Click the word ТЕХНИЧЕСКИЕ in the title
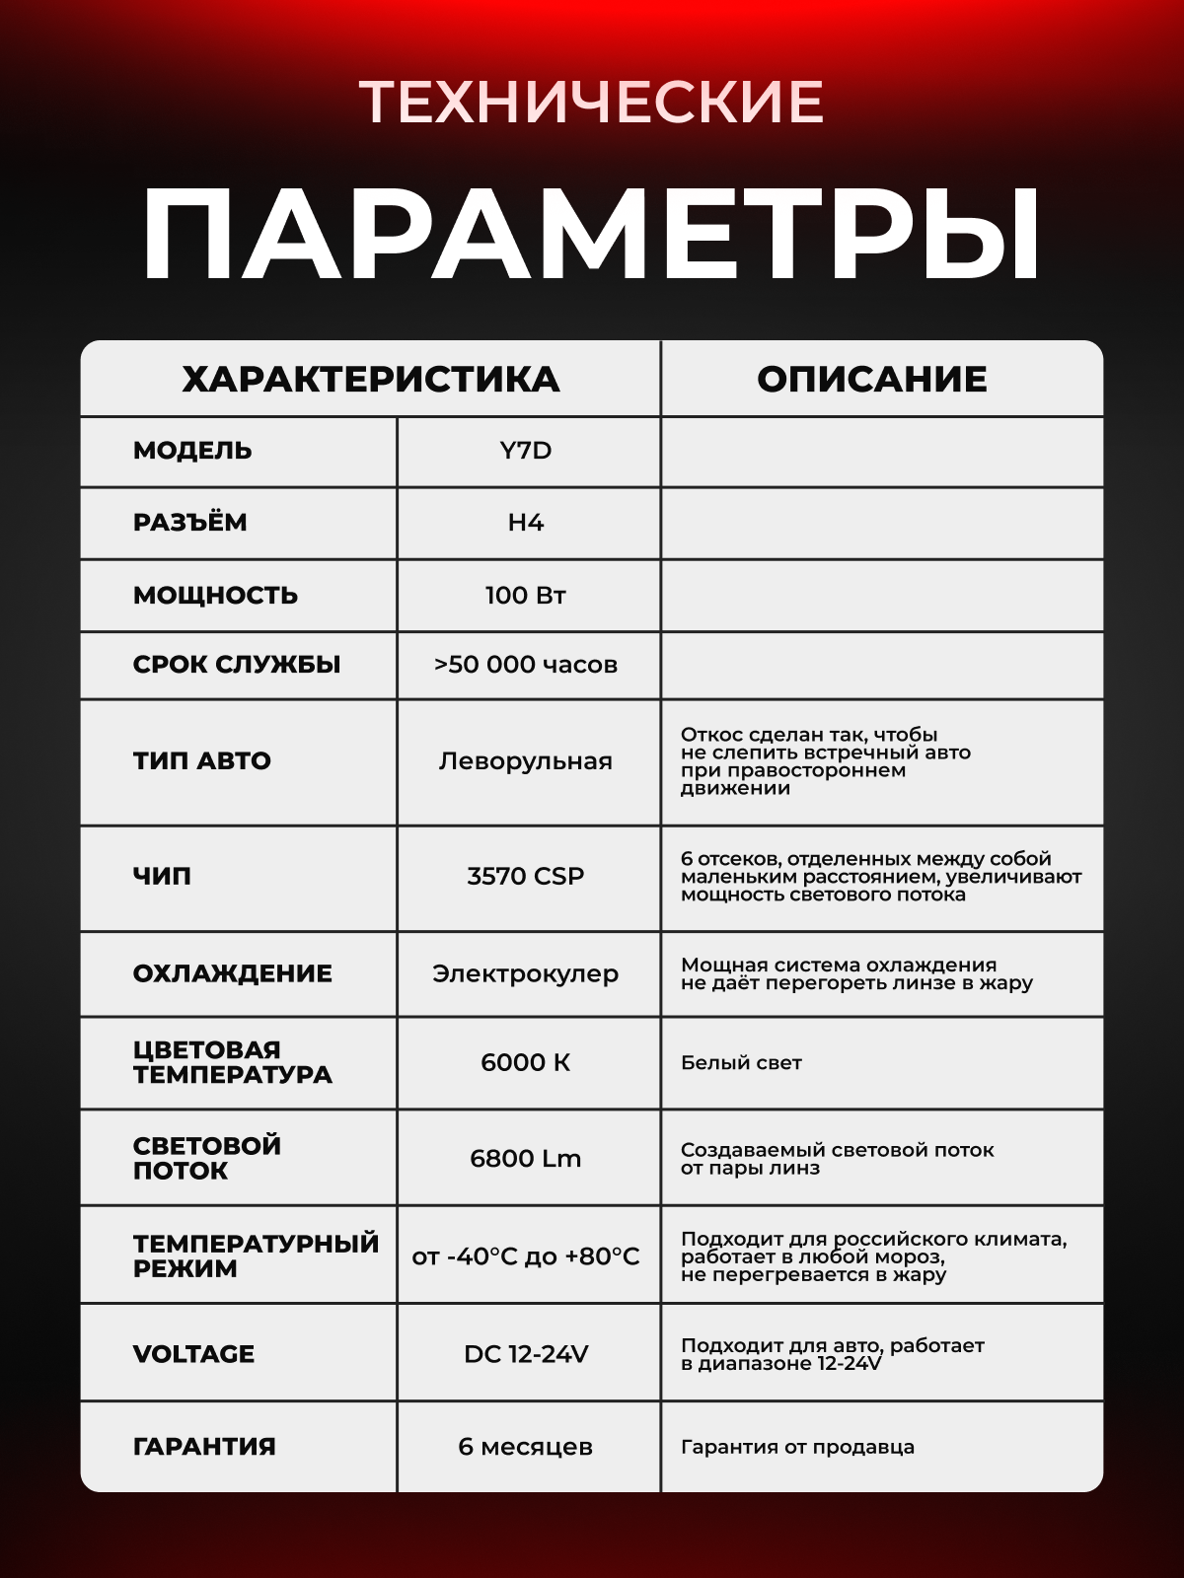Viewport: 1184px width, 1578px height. click(591, 102)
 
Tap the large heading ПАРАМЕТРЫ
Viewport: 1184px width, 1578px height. click(591, 236)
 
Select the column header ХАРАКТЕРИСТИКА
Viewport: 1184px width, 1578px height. click(370, 380)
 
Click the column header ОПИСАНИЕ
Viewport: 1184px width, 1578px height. click(872, 380)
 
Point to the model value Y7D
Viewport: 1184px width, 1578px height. click(526, 451)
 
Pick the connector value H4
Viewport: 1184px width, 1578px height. click(526, 523)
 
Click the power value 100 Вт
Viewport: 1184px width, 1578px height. click(526, 596)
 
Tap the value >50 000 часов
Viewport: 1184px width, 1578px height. click(526, 665)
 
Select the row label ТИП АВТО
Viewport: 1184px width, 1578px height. click(202, 761)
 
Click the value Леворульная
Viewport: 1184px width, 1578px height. click(526, 761)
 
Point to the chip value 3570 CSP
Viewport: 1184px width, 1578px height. click(526, 876)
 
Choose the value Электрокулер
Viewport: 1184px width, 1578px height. click(526, 973)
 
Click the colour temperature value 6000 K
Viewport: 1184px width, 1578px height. click(526, 1062)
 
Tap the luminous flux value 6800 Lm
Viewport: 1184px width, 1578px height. click(526, 1158)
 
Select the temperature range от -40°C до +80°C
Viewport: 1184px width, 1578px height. click(526, 1256)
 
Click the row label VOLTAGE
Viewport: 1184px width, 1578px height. click(194, 1354)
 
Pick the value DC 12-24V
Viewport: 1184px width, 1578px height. click(526, 1354)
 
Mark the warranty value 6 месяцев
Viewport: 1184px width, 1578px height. click(526, 1447)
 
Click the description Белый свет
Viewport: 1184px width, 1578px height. click(741, 1063)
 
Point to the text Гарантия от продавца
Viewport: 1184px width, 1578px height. click(797, 1447)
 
